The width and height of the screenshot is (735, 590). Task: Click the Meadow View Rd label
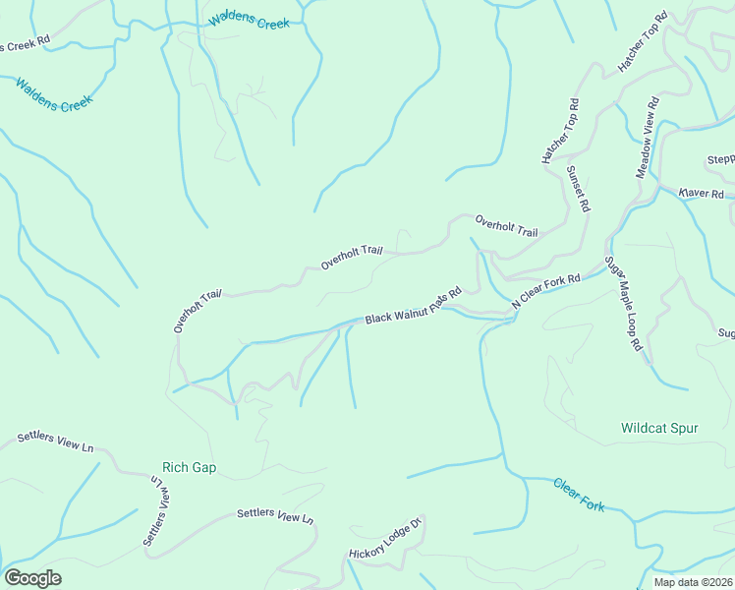pyautogui.click(x=647, y=138)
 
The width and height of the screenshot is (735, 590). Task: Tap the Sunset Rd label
pyautogui.click(x=578, y=189)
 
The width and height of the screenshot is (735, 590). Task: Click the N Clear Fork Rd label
pyautogui.click(x=546, y=292)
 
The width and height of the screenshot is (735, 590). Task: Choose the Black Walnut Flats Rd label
pyautogui.click(x=413, y=307)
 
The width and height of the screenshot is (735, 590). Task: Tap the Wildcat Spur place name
pyautogui.click(x=660, y=428)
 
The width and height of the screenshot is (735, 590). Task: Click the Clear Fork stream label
pyautogui.click(x=579, y=495)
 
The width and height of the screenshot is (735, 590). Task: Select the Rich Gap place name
pyautogui.click(x=190, y=467)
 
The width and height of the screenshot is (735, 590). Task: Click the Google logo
pyautogui.click(x=32, y=578)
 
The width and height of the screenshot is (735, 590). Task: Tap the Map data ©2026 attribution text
pyautogui.click(x=693, y=582)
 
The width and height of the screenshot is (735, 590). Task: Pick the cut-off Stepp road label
pyautogui.click(x=720, y=160)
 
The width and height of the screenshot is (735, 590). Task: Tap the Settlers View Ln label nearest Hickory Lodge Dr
pyautogui.click(x=275, y=515)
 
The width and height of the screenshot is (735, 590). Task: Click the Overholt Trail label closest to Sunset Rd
pyautogui.click(x=506, y=226)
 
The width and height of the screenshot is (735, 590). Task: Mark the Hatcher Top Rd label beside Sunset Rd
pyautogui.click(x=560, y=130)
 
